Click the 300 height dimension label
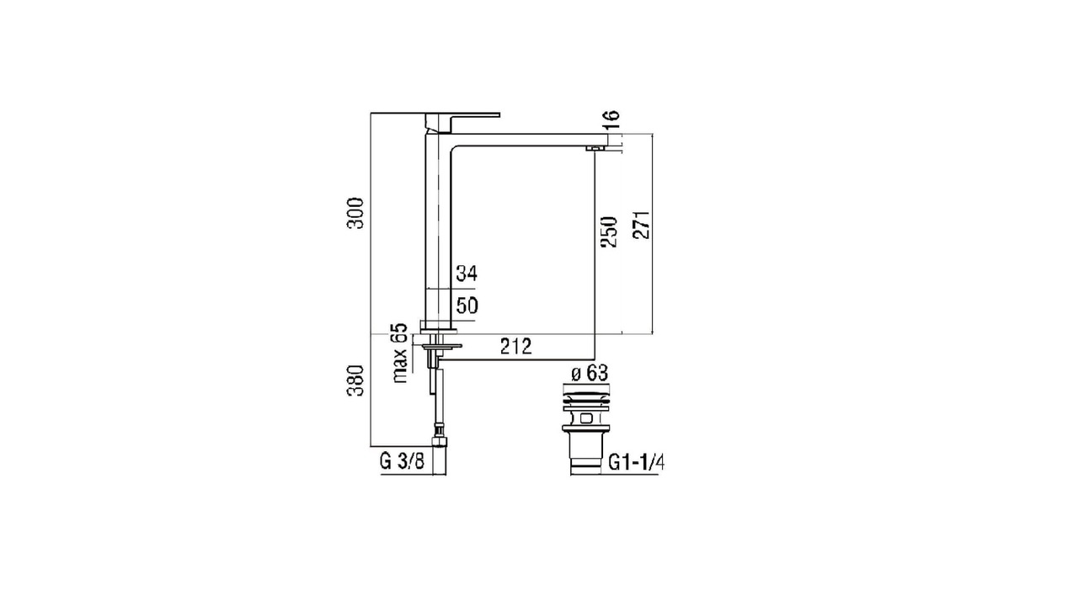point(356,213)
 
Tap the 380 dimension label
point(356,380)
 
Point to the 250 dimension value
point(610,232)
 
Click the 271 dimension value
point(642,225)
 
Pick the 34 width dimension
point(467,274)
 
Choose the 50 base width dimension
point(467,306)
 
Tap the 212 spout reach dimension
point(516,346)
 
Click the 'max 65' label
point(399,353)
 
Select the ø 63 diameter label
point(590,373)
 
